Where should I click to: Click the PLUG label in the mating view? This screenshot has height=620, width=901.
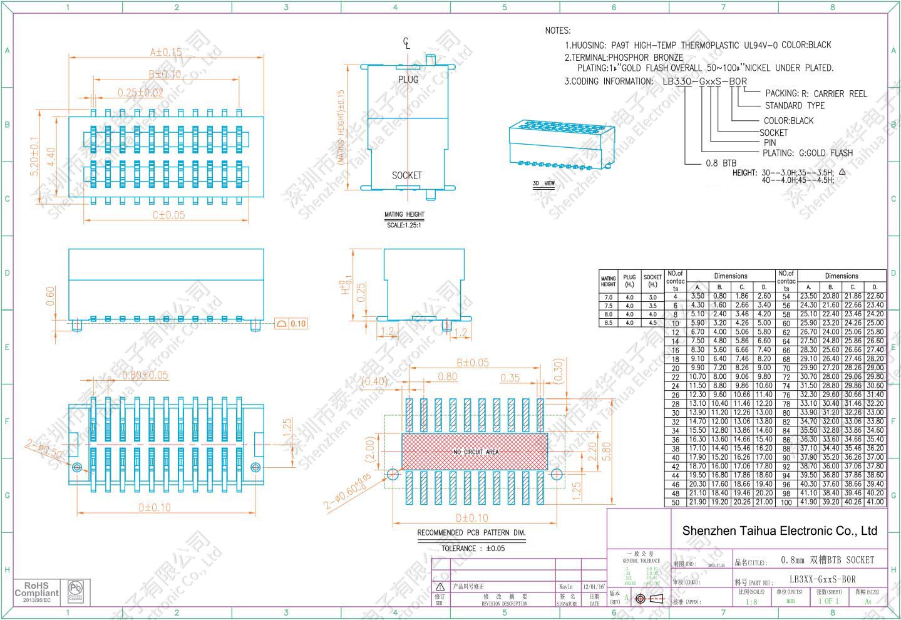pyautogui.click(x=408, y=80)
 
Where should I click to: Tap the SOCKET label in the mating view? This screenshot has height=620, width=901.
pyautogui.click(x=406, y=175)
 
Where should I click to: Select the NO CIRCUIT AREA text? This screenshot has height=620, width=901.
pyautogui.click(x=475, y=452)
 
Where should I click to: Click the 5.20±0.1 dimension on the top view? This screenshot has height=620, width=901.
pyautogui.click(x=35, y=157)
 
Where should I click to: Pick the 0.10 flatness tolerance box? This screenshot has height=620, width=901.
pyautogui.click(x=292, y=324)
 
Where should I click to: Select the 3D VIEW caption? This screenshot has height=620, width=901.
pyautogui.click(x=543, y=184)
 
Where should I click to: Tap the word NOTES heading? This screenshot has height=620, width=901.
pyautogui.click(x=557, y=30)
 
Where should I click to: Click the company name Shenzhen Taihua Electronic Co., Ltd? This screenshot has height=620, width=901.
pyautogui.click(x=779, y=531)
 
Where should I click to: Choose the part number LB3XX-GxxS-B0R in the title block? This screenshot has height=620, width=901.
pyautogui.click(x=822, y=579)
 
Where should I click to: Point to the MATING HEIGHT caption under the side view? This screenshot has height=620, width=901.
pyautogui.click(x=404, y=215)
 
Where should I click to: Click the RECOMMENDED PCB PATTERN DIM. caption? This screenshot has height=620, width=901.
pyautogui.click(x=471, y=533)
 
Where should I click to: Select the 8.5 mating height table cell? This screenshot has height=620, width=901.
pyautogui.click(x=608, y=323)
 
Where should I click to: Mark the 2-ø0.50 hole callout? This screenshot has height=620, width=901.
pyautogui.click(x=43, y=449)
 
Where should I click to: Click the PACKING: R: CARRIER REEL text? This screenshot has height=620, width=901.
pyautogui.click(x=816, y=93)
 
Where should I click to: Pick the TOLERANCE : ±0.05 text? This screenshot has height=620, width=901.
pyautogui.click(x=473, y=549)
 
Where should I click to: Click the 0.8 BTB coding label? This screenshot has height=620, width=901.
pyautogui.click(x=721, y=163)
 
